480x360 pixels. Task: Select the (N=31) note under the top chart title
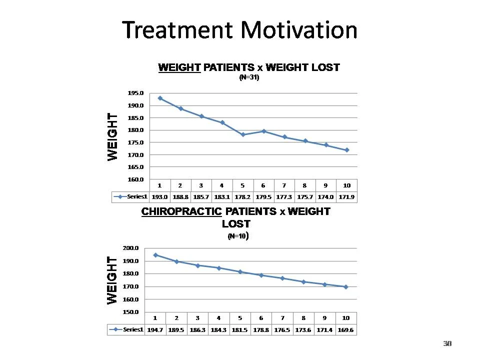click(x=249, y=78)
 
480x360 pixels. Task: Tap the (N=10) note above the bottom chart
click(x=238, y=236)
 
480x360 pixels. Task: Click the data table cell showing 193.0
click(x=159, y=197)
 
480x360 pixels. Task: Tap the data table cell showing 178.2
click(x=242, y=197)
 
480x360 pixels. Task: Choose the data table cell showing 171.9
click(x=346, y=197)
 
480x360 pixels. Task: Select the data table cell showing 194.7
click(x=155, y=330)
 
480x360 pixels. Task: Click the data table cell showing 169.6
click(x=345, y=330)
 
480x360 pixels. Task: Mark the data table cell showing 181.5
click(x=240, y=330)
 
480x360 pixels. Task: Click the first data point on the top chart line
click(x=160, y=98)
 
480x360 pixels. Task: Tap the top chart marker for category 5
click(x=243, y=134)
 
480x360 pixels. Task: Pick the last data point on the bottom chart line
click(x=345, y=287)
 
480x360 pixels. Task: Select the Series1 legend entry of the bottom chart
click(x=127, y=330)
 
